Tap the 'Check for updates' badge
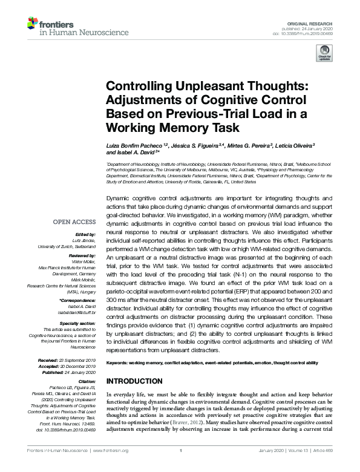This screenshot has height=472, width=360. click(x=324, y=54)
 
